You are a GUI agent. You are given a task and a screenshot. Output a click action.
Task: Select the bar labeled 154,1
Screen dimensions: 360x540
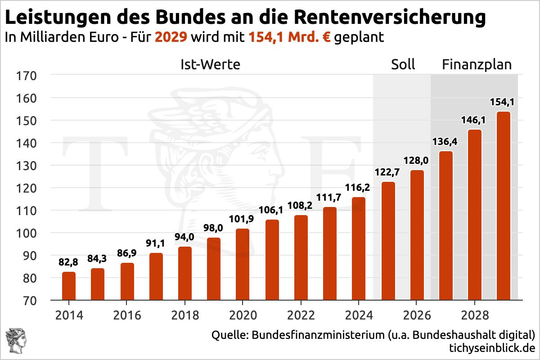tap(503, 206)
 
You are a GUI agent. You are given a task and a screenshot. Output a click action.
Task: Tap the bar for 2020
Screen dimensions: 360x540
tap(243, 264)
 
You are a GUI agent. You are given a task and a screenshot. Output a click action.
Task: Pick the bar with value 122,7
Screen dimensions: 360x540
tap(387, 241)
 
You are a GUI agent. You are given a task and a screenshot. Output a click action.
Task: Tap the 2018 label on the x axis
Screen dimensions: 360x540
tap(185, 315)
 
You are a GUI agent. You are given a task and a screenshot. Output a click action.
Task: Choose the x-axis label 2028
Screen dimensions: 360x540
tap(474, 315)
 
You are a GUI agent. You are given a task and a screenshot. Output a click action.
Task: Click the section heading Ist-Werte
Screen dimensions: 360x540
tap(210, 64)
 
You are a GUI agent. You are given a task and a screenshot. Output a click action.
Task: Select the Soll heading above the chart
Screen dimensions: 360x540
tap(403, 64)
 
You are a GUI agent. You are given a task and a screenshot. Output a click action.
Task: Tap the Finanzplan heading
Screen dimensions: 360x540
tap(477, 64)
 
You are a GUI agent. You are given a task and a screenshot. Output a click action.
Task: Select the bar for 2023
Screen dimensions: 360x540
tap(330, 253)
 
